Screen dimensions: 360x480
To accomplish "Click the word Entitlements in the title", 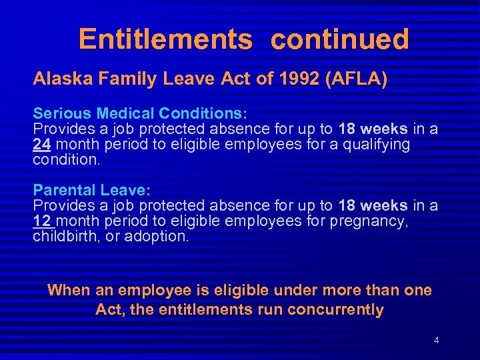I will pos(165,39).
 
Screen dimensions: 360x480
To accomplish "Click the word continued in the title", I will pos(339,39).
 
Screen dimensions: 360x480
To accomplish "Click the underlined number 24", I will pos(42,145).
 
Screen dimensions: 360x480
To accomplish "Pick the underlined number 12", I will pos(41,221).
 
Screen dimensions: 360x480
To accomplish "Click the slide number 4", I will pos(436,341).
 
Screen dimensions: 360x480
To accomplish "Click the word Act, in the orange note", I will pos(109,309).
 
